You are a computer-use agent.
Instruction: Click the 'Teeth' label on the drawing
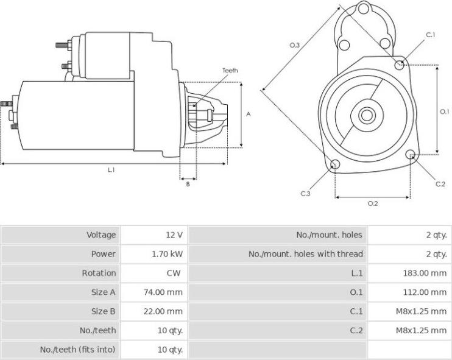tap(230, 71)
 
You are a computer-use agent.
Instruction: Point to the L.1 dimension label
tap(111, 170)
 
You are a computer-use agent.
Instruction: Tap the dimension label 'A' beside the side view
tap(249, 114)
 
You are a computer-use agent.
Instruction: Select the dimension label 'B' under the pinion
tap(188, 184)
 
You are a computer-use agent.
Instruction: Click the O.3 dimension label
tap(294, 45)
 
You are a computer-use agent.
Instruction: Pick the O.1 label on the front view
tap(444, 111)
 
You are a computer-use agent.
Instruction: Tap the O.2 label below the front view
tap(373, 203)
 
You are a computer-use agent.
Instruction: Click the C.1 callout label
tap(431, 35)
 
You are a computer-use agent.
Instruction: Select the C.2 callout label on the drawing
tap(440, 184)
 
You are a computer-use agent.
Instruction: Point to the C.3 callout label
tap(306, 193)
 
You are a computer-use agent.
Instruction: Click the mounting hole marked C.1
tap(400, 64)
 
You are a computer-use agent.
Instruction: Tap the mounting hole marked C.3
tap(334, 164)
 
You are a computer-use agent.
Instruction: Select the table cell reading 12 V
tap(175, 235)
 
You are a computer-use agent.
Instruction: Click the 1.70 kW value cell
tap(167, 254)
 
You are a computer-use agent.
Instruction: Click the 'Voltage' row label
tap(101, 235)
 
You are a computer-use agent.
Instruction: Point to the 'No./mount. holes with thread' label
tap(305, 254)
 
